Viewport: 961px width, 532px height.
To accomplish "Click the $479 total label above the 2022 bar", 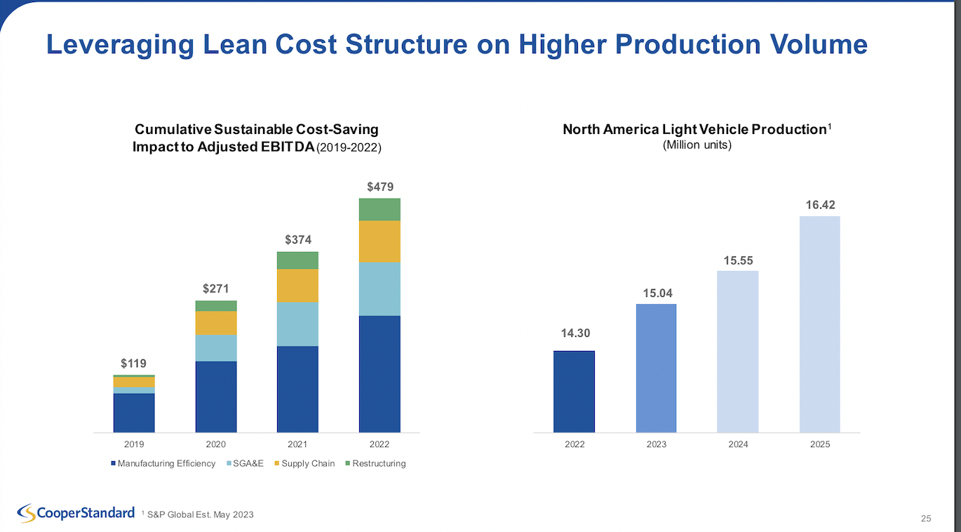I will [x=380, y=187].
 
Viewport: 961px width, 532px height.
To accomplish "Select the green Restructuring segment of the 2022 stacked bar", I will [x=379, y=209].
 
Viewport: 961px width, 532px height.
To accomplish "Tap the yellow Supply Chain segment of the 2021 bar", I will [x=297, y=286].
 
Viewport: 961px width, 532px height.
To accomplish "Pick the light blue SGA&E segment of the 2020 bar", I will [x=216, y=348].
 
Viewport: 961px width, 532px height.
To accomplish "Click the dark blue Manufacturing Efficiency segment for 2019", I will [x=134, y=413].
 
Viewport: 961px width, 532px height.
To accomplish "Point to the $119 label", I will [x=134, y=363].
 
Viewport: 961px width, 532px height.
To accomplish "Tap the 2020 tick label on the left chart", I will [x=216, y=444].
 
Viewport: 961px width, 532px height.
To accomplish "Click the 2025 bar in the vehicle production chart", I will [x=819, y=324].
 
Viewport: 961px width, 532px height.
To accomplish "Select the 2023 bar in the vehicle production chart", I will [x=656, y=368].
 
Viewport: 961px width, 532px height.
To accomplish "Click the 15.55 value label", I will [x=738, y=260].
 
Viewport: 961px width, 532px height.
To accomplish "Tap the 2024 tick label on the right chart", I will [x=738, y=444].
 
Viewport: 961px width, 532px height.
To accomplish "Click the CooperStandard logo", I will [x=76, y=513].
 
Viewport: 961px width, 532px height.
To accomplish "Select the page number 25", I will [x=926, y=519].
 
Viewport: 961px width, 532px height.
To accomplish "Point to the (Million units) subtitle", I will [x=697, y=145].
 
